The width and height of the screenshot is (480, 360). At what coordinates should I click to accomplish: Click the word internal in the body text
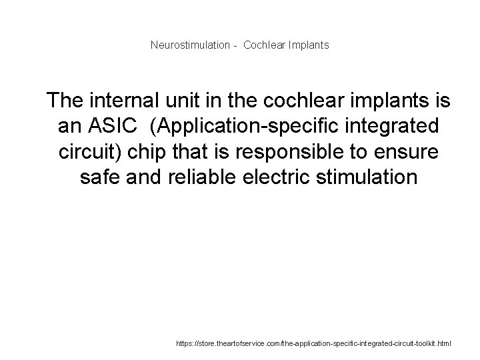(x=123, y=101)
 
